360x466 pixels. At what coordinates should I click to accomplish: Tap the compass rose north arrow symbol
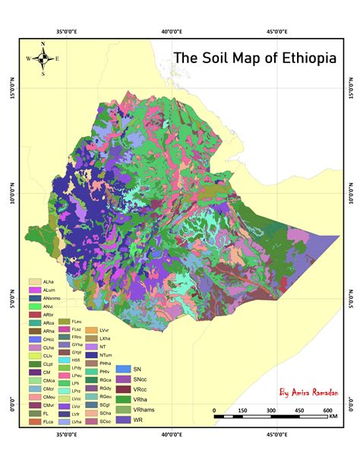(43, 58)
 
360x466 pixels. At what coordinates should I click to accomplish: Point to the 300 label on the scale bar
(271, 411)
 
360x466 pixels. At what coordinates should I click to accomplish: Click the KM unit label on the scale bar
(333, 417)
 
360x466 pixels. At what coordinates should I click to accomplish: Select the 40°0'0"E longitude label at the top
(173, 32)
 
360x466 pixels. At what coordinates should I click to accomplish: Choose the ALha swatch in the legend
(34, 282)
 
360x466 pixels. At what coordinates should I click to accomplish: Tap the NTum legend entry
(97, 355)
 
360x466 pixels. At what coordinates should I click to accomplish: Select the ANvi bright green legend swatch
(34, 306)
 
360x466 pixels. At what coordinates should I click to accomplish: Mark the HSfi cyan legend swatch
(66, 360)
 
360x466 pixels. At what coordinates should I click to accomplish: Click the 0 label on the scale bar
(215, 411)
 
